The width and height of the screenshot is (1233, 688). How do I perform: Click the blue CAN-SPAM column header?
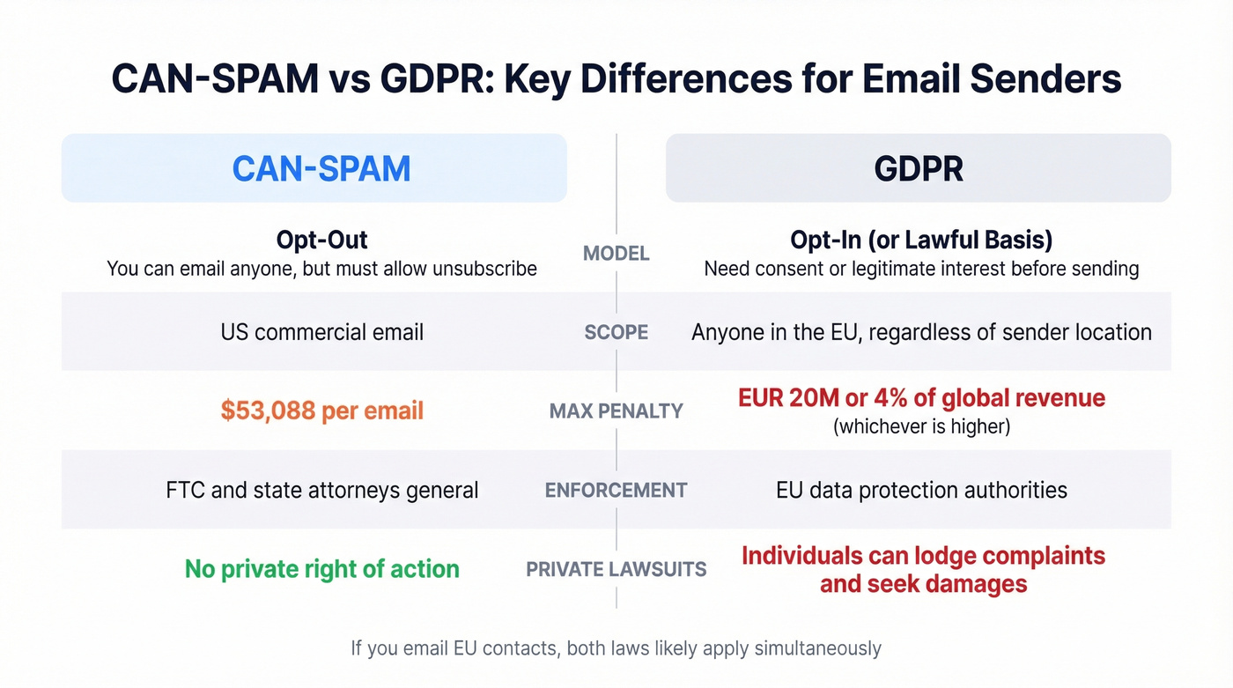point(321,168)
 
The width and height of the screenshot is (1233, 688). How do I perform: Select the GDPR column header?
point(919,168)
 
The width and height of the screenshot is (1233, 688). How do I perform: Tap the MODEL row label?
point(616,254)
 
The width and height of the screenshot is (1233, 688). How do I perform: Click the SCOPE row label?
point(616,332)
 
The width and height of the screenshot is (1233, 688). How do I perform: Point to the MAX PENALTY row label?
point(616,411)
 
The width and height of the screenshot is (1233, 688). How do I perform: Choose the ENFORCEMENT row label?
point(616,490)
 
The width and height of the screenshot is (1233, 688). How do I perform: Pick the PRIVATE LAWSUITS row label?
point(616,569)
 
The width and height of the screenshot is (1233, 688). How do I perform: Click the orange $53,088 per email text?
point(321,411)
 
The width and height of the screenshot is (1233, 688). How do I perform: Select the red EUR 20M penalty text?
point(921,397)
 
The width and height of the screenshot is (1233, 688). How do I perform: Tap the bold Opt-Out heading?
point(321,240)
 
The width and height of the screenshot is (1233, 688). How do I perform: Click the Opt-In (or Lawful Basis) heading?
point(921,240)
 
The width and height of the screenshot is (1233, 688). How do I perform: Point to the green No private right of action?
point(321,569)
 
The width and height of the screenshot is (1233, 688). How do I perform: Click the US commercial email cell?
point(321,332)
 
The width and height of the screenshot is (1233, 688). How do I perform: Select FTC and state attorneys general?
point(321,490)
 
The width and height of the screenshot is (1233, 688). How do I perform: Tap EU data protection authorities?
point(921,490)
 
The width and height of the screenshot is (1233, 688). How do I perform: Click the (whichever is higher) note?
point(921,426)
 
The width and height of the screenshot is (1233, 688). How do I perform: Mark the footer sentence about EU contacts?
point(616,649)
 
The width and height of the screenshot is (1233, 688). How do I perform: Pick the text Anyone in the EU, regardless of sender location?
point(921,332)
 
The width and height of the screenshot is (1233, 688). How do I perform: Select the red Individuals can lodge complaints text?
point(923,557)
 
